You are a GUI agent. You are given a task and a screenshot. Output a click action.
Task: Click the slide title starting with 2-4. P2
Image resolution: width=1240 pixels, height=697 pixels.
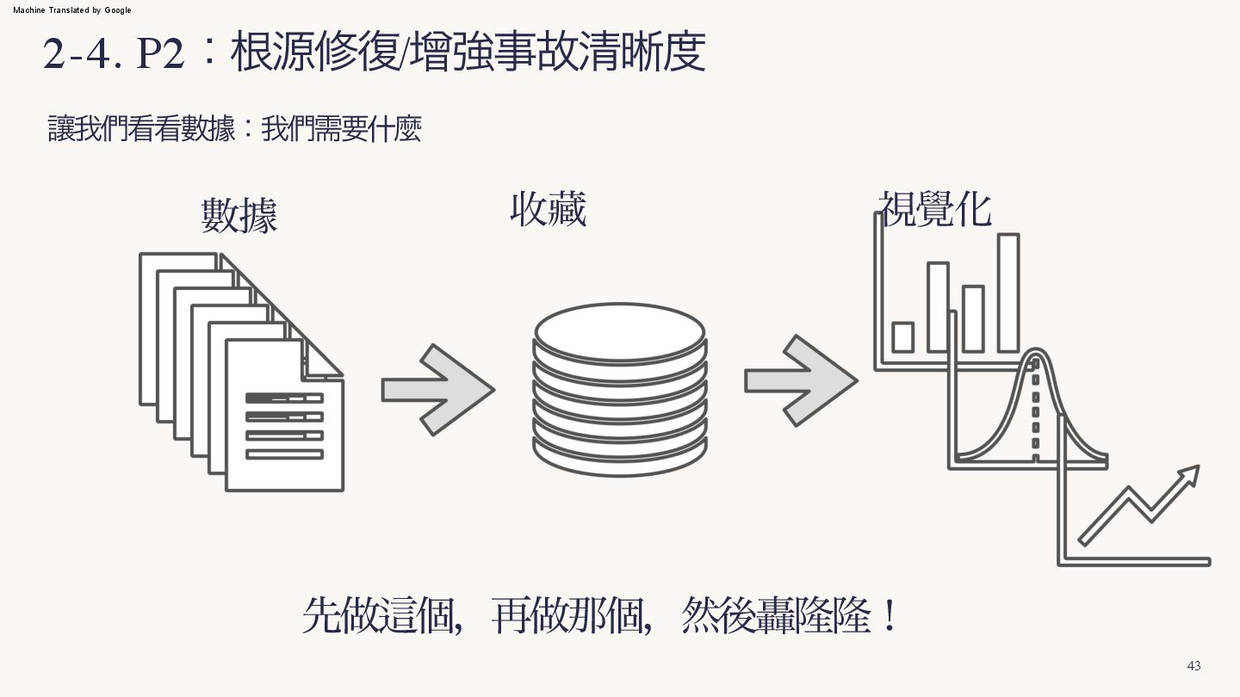[374, 53]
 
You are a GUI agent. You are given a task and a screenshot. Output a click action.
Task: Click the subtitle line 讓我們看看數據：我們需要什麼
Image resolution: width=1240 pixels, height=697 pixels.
[234, 130]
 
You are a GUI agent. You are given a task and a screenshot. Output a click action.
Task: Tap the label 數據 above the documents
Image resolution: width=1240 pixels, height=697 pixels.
[239, 215]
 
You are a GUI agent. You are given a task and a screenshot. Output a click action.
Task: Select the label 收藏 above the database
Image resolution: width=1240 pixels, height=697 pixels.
[548, 209]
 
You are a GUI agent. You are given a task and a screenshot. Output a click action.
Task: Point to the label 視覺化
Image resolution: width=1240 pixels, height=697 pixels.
[936, 208]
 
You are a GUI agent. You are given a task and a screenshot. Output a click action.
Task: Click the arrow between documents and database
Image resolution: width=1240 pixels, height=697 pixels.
[437, 390]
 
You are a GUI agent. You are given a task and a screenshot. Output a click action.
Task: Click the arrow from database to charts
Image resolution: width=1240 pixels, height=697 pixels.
[800, 380]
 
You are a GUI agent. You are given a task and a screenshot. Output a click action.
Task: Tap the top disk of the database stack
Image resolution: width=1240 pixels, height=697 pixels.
[620, 332]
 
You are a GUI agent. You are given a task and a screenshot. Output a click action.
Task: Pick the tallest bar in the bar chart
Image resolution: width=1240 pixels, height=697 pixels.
[1008, 293]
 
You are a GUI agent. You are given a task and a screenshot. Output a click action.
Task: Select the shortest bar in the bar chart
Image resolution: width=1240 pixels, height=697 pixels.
[902, 336]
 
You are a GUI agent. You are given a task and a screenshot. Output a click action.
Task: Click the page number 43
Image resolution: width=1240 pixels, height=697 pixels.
[1193, 666]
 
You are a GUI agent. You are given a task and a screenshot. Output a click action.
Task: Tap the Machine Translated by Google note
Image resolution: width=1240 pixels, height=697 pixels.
[72, 10]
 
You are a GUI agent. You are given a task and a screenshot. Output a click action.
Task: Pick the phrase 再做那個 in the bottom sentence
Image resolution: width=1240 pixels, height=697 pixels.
[570, 616]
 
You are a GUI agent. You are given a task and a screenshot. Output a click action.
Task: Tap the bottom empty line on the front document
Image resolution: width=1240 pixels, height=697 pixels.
[284, 454]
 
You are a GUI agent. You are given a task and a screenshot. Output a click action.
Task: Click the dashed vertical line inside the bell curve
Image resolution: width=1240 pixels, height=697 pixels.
[1035, 413]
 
